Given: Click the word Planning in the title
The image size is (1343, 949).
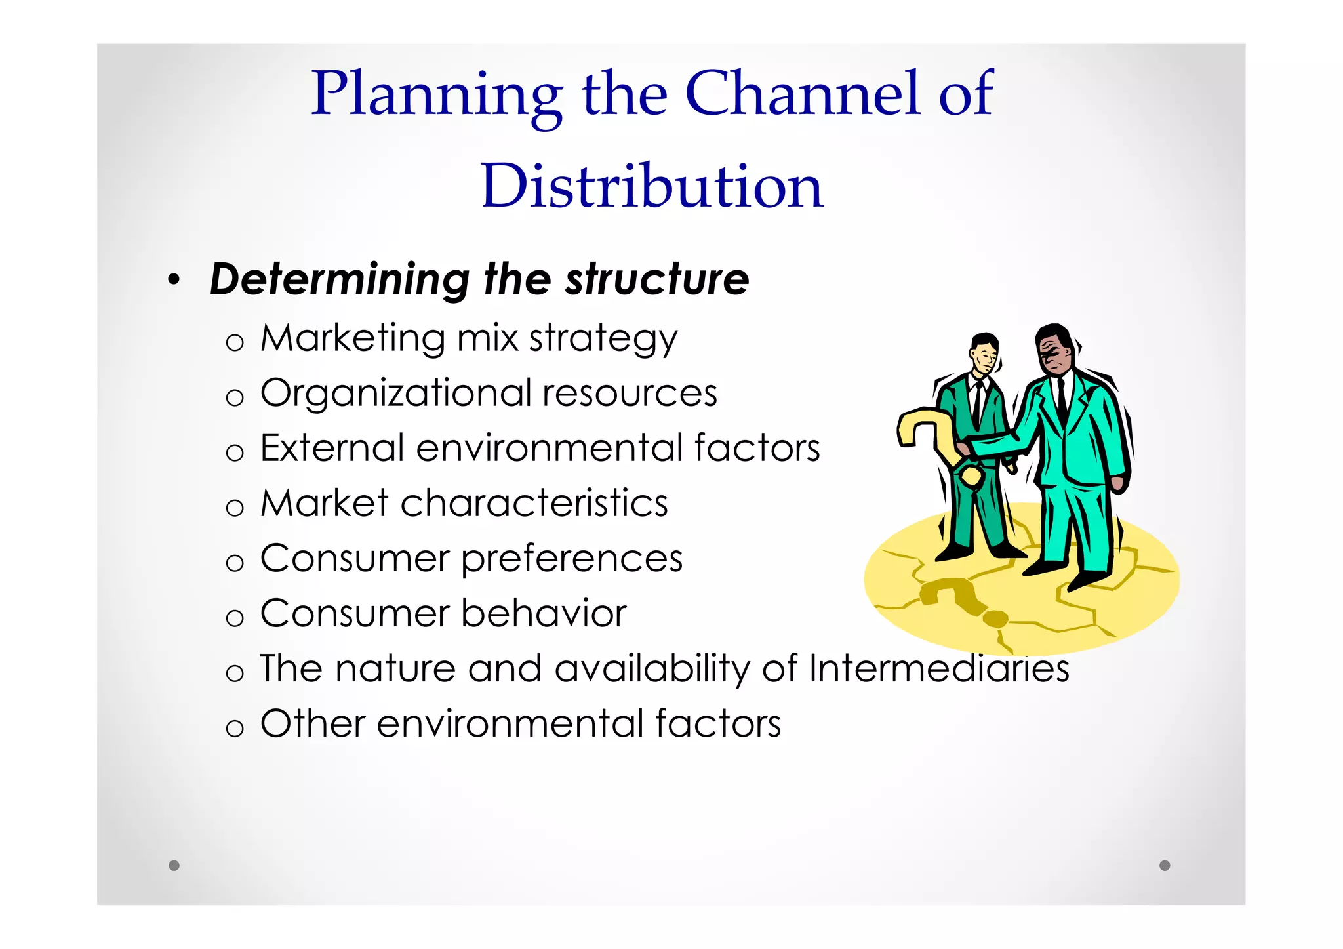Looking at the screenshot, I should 436,95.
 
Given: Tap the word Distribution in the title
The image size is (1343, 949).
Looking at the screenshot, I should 652,187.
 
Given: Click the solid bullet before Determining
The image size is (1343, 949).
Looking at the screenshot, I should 174,281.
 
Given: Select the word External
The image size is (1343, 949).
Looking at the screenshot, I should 332,449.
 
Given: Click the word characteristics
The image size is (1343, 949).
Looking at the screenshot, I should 534,504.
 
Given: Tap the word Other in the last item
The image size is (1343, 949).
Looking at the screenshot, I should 312,724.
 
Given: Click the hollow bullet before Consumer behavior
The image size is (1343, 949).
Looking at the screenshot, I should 234,618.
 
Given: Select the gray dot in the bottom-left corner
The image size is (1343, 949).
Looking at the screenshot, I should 174,865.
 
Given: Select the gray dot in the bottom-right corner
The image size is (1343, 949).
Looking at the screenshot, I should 1165,865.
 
